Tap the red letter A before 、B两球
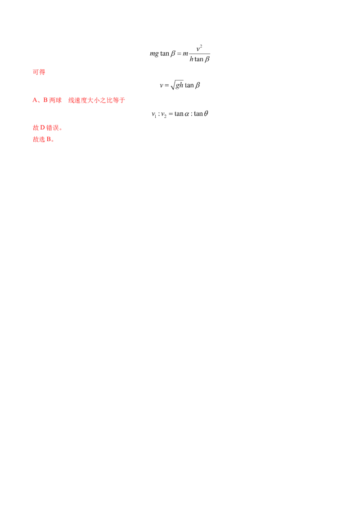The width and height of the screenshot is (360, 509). coord(34,101)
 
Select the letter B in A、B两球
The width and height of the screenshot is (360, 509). coord(45,101)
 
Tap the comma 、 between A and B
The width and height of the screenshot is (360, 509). coord(39,102)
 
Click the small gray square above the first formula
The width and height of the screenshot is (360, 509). coord(175,48)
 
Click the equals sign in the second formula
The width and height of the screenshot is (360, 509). coord(167,86)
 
